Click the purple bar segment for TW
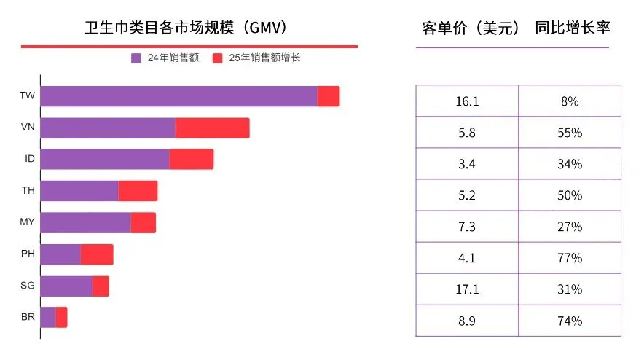click(178, 96)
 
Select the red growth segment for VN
click(212, 128)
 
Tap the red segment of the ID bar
click(191, 159)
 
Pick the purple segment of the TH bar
click(79, 191)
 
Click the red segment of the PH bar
click(97, 254)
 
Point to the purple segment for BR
click(48, 317)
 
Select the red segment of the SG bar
click(101, 286)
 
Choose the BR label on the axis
click(28, 317)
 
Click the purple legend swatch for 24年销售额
click(136, 58)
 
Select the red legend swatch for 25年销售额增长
click(217, 58)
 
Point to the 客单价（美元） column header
click(471, 28)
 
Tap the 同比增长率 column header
click(572, 28)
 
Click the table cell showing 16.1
click(467, 101)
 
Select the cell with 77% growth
click(570, 258)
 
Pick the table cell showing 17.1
click(467, 289)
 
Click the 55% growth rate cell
click(570, 133)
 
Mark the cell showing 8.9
click(467, 321)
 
